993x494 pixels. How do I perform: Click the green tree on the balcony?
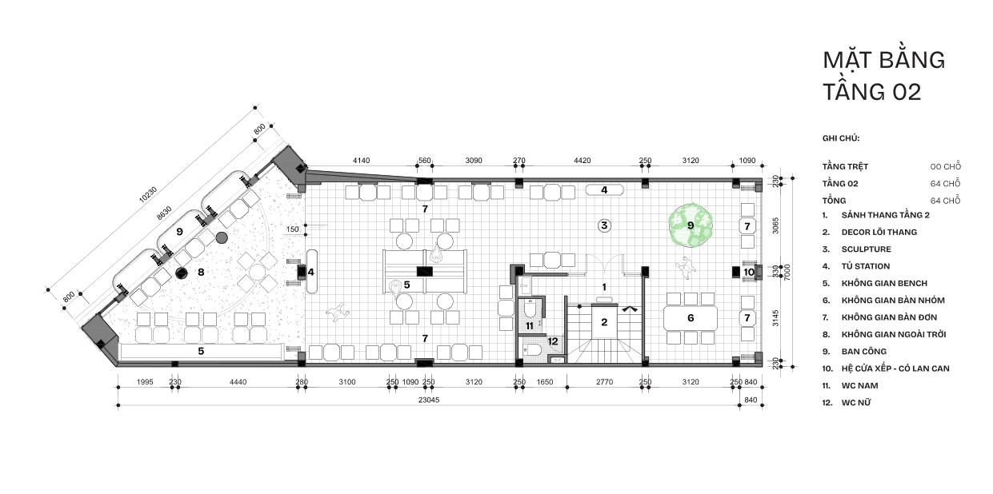pyautogui.click(x=691, y=225)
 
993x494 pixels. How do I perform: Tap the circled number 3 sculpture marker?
pyautogui.click(x=604, y=225)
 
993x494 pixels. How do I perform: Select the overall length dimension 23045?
pyautogui.click(x=429, y=400)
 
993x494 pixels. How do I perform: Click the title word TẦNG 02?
pyautogui.click(x=872, y=92)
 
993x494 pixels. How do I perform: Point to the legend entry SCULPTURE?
pyautogui.click(x=866, y=249)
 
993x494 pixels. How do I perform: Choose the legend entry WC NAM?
pyautogui.click(x=859, y=385)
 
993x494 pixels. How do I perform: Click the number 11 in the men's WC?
pyautogui.click(x=529, y=326)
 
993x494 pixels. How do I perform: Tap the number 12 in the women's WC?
pyautogui.click(x=552, y=341)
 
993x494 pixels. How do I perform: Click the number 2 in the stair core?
pyautogui.click(x=604, y=322)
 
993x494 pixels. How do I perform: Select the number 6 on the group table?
pyautogui.click(x=691, y=317)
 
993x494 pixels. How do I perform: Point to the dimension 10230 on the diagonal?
pyautogui.click(x=147, y=194)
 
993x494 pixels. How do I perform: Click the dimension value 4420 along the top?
pyautogui.click(x=582, y=161)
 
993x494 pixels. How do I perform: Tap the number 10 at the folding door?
pyautogui.click(x=749, y=272)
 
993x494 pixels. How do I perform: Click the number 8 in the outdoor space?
pyautogui.click(x=201, y=272)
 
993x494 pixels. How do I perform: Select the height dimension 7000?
pyautogui.click(x=787, y=272)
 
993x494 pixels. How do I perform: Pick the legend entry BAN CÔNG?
pyautogui.click(x=864, y=352)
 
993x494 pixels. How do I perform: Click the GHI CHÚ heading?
pyautogui.click(x=841, y=138)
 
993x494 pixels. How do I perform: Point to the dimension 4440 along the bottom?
pyautogui.click(x=238, y=382)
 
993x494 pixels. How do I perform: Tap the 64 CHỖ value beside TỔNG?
pyautogui.click(x=945, y=201)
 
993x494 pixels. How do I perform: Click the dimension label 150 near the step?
pyautogui.click(x=293, y=229)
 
